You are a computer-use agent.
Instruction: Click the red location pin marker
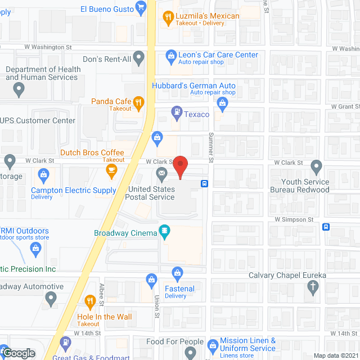tap(180, 166)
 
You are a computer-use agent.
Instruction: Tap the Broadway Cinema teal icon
tap(164, 230)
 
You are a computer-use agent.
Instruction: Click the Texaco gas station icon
tap(177, 114)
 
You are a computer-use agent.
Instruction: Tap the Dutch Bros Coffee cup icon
tap(111, 169)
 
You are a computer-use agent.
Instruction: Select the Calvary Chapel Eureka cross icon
tap(313, 287)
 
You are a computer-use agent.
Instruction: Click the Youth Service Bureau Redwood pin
tap(317, 166)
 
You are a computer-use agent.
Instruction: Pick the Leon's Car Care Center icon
tap(170, 56)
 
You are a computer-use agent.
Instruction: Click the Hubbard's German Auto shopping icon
tap(223, 102)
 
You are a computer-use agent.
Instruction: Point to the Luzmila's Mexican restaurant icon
tap(167, 17)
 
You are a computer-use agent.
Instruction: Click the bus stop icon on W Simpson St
tap(326, 227)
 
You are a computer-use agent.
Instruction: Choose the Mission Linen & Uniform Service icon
tap(213, 344)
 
